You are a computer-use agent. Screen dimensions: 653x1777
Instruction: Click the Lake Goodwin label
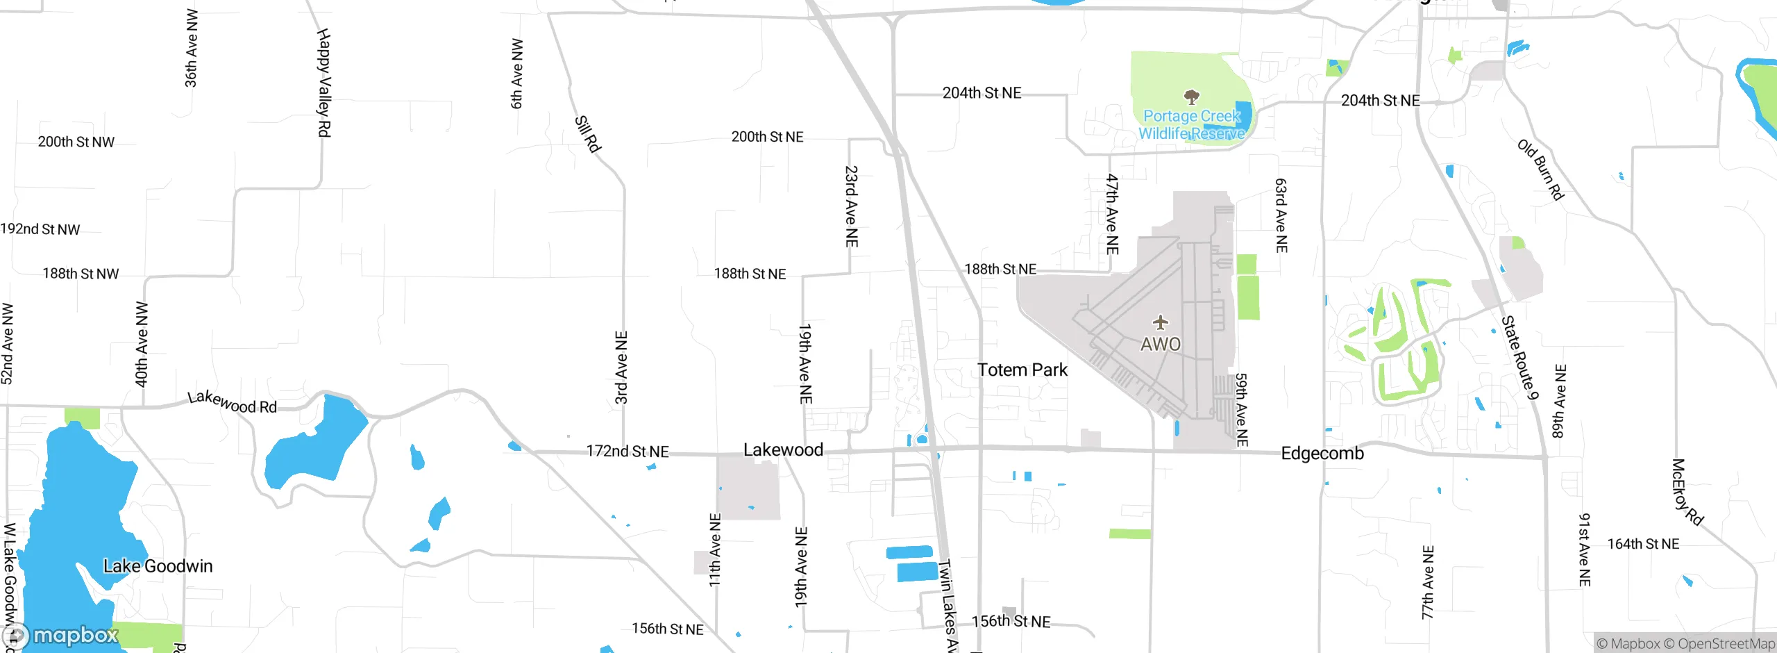(158, 566)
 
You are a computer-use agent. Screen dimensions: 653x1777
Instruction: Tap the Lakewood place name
(783, 450)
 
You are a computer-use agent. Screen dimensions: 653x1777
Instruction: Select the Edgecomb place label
(1322, 454)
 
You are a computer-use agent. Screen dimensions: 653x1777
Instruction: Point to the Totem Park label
(1022, 370)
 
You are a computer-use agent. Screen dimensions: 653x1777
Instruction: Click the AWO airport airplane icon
(1161, 322)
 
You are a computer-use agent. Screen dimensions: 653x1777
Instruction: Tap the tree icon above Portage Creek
(1192, 96)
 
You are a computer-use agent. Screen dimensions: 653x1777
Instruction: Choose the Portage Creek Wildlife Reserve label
(1192, 125)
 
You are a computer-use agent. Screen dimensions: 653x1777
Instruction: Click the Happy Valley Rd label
(324, 83)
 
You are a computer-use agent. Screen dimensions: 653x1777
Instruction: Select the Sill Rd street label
(587, 133)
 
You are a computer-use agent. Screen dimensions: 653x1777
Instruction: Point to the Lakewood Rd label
(233, 402)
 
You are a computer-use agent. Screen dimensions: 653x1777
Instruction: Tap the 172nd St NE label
(628, 452)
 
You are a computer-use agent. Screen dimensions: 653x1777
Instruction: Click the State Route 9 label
(1520, 358)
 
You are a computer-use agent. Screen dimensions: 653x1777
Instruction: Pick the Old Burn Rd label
(1540, 170)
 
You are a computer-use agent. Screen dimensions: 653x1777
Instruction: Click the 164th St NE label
(1643, 544)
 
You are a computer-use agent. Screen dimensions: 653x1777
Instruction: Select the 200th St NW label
(76, 142)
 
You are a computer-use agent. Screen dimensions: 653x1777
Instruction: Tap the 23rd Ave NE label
(852, 206)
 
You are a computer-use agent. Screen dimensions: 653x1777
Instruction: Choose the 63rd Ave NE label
(1281, 215)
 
